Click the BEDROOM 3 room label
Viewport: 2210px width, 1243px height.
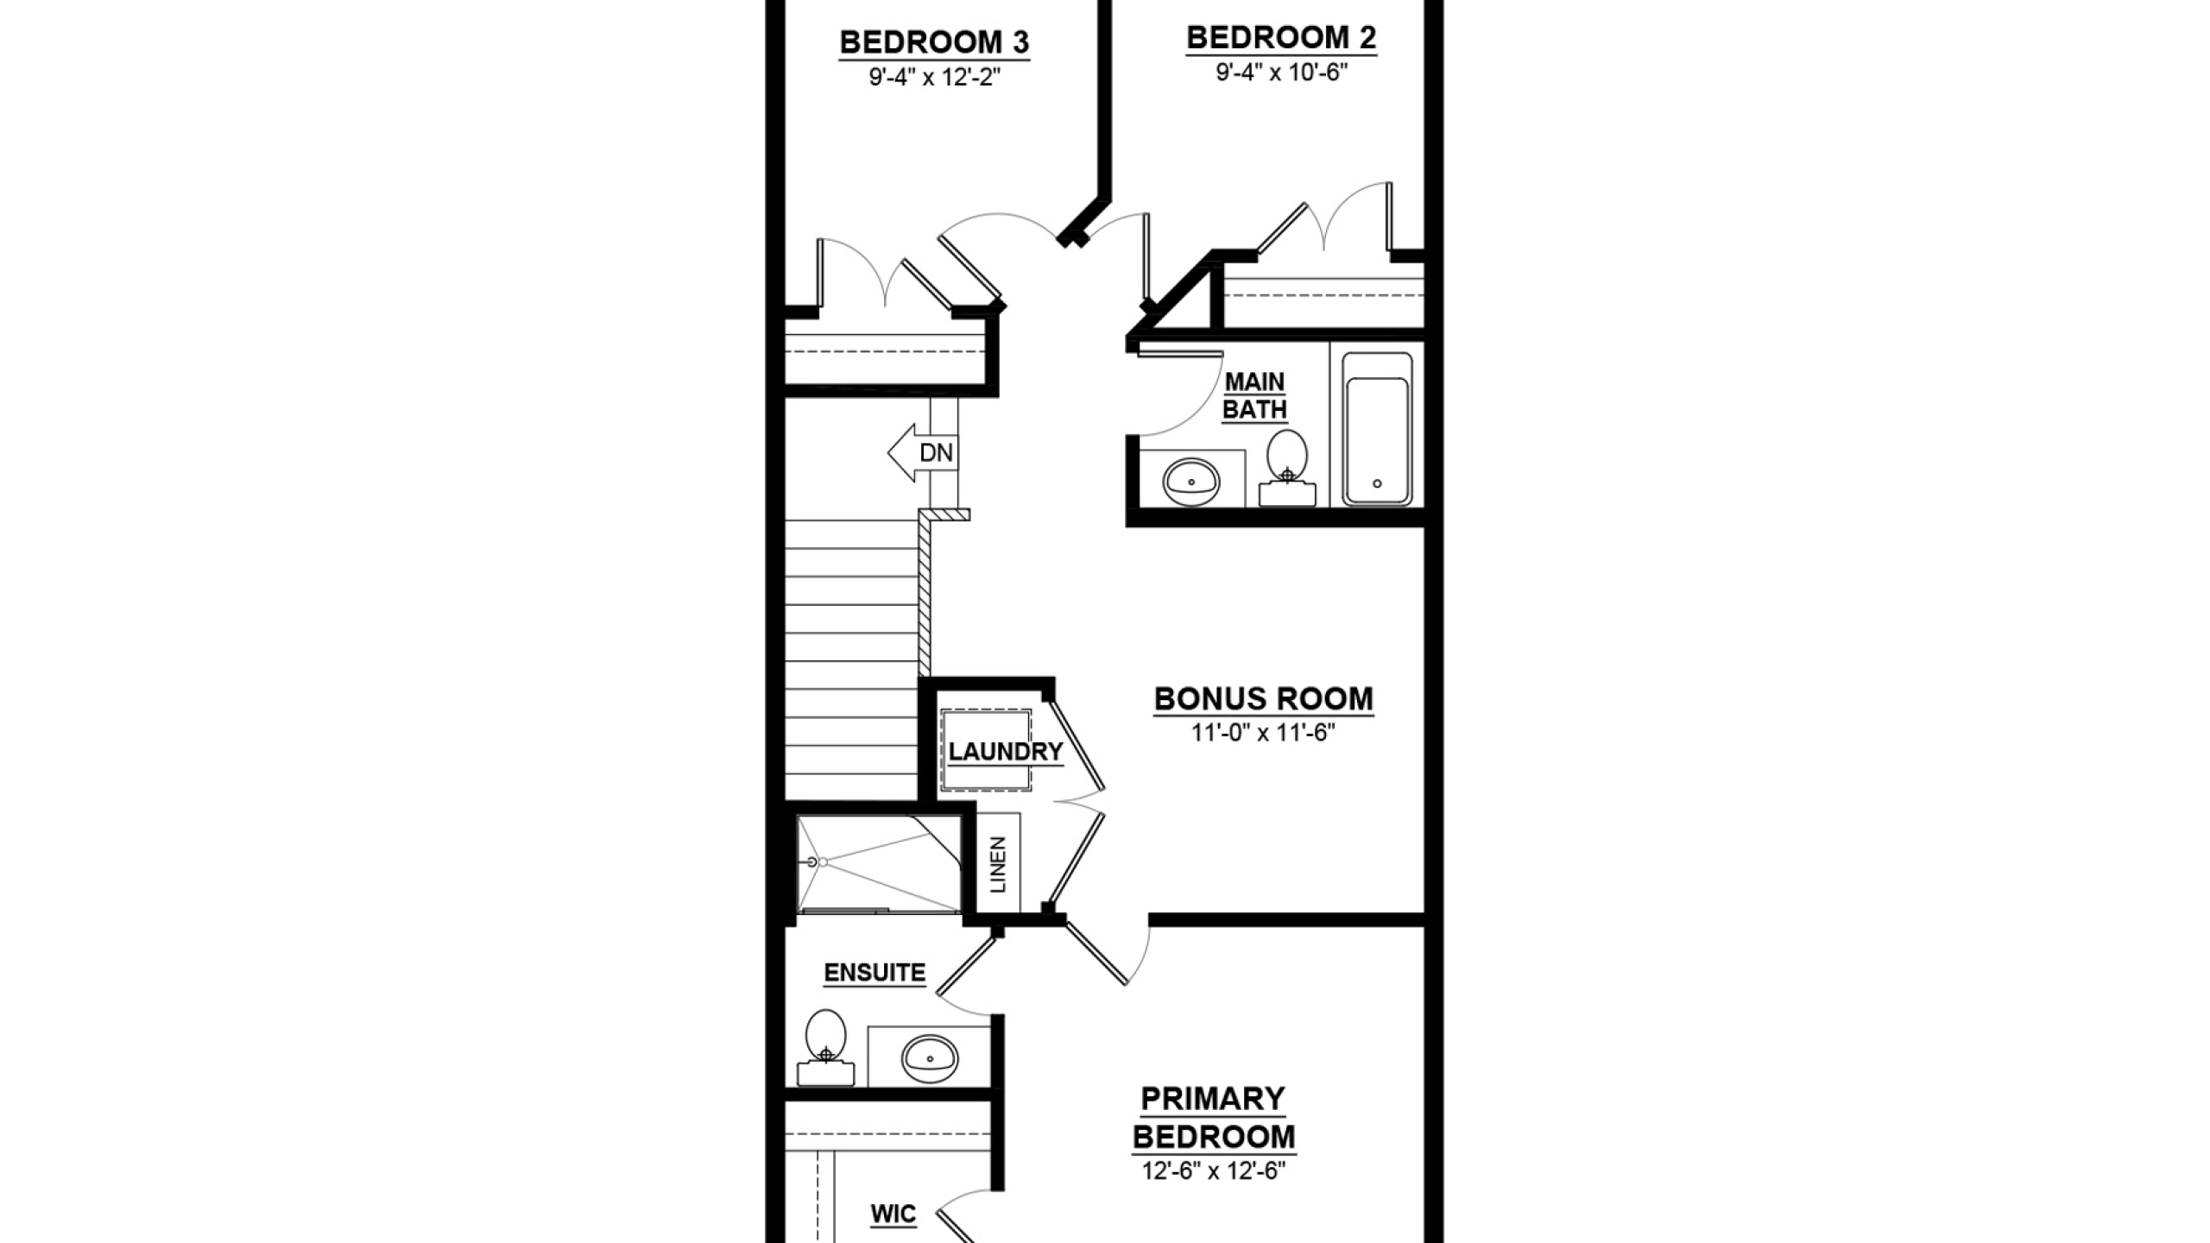[934, 42]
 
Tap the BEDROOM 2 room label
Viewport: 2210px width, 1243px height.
[1281, 38]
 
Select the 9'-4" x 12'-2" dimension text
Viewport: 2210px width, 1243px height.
[934, 78]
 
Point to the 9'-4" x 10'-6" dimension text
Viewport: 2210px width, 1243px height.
[1282, 72]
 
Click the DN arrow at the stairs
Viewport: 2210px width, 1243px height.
[923, 452]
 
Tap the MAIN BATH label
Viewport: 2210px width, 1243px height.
[1254, 395]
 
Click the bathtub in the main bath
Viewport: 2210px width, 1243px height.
[1377, 429]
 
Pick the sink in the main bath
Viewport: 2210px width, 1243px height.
[1190, 482]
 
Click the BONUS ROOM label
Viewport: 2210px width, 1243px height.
[1264, 699]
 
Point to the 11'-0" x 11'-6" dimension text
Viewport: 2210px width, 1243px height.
[1264, 733]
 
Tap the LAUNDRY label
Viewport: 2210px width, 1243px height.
[1006, 752]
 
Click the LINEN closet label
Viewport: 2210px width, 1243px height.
[999, 864]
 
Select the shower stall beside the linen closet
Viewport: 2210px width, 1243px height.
[879, 863]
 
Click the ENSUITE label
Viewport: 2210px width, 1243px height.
[875, 973]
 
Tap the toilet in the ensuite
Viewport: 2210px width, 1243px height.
[825, 1048]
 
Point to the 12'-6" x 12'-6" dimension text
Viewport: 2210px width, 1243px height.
[1214, 1171]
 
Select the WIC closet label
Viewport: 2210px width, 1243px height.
[893, 1215]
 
